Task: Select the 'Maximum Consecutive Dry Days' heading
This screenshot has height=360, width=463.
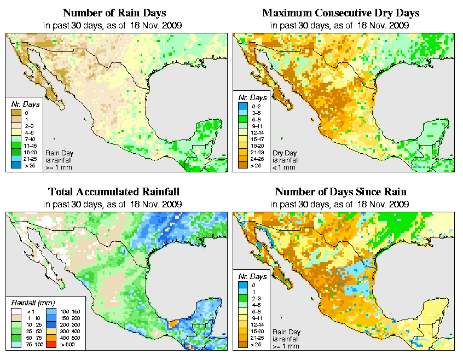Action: pos(341,13)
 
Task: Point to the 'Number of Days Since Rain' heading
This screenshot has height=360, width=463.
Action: pos(341,192)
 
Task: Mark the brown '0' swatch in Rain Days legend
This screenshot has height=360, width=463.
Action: pos(15,112)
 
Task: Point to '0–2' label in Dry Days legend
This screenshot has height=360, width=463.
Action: pos(255,106)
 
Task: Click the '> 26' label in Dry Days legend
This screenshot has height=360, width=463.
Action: pos(255,165)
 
